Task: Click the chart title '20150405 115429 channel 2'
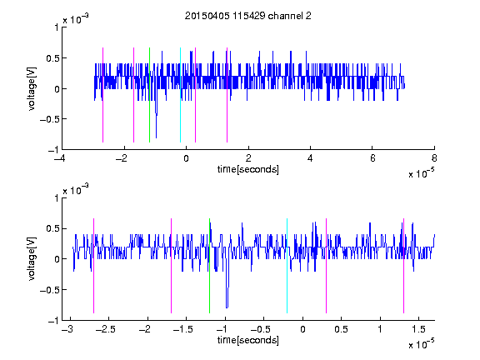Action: tap(248, 16)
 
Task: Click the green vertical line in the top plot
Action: tap(149, 95)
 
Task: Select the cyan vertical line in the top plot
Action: tap(180, 95)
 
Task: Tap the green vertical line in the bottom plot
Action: tap(209, 266)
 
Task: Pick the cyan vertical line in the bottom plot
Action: tap(287, 266)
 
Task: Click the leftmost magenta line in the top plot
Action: tap(102, 95)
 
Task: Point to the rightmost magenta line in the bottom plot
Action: tap(403, 266)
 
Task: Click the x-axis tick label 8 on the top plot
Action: tap(434, 158)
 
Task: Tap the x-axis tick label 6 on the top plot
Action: tap(372, 158)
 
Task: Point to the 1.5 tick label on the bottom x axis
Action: tap(418, 329)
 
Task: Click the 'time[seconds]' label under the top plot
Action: tap(248, 169)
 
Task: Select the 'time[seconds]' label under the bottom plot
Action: tap(248, 340)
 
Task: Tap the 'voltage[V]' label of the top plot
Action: tap(32, 89)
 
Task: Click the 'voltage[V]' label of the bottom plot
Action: tap(32, 259)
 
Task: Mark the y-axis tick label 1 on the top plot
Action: tap(56, 27)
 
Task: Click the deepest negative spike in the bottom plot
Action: tap(227, 306)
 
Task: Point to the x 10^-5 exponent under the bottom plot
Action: tap(421, 344)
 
